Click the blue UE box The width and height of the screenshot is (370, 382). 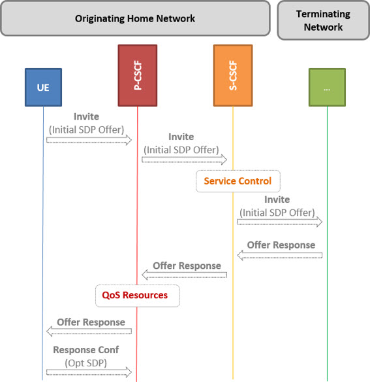tap(43, 87)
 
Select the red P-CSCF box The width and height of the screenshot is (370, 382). tap(138, 75)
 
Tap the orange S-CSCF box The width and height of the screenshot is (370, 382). tap(233, 75)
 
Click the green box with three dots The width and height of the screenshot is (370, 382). tap(327, 87)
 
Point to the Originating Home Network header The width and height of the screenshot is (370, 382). tap(135, 18)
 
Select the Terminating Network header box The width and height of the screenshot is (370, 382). tap(323, 20)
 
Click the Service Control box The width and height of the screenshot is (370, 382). tap(238, 181)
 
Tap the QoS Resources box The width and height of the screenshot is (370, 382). tap(138, 296)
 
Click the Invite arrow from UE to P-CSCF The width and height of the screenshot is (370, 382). tap(89, 140)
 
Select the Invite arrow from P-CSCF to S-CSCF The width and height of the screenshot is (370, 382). tap(184, 160)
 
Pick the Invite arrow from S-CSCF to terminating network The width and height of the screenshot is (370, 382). tap(280, 222)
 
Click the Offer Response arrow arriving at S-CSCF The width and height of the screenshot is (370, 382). tap(280, 255)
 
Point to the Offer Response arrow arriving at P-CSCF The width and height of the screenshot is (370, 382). tap(184, 275)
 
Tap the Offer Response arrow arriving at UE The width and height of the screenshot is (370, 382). tap(89, 332)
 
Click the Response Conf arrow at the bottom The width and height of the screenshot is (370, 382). tap(89, 372)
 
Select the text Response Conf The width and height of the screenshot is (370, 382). tap(86, 350)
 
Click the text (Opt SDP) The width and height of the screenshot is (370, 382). tap(86, 363)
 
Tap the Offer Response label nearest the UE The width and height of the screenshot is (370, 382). tap(91, 322)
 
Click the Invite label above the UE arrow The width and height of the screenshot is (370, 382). tap(86, 116)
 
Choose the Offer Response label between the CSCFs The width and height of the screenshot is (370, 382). tap(187, 266)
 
